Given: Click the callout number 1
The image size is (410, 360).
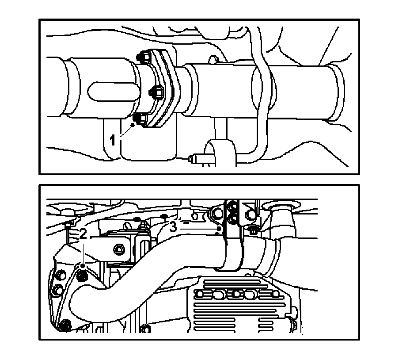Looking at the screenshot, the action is (112, 140).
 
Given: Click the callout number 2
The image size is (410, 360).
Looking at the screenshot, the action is (83, 234).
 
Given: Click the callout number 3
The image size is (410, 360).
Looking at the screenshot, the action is (173, 227).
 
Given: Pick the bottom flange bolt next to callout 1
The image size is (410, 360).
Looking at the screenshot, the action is (140, 119).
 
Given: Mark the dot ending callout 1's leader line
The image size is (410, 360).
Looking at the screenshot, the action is (133, 125).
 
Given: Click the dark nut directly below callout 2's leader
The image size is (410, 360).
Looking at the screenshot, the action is (82, 275).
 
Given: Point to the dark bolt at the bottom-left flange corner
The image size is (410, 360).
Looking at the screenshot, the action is (65, 326).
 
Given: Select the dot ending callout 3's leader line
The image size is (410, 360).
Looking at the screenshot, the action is (220, 229).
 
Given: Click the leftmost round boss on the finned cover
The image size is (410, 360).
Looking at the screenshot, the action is (200, 294).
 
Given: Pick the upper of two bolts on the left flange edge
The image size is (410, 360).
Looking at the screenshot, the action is (61, 276).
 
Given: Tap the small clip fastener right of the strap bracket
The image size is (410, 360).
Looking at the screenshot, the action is (253, 230).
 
